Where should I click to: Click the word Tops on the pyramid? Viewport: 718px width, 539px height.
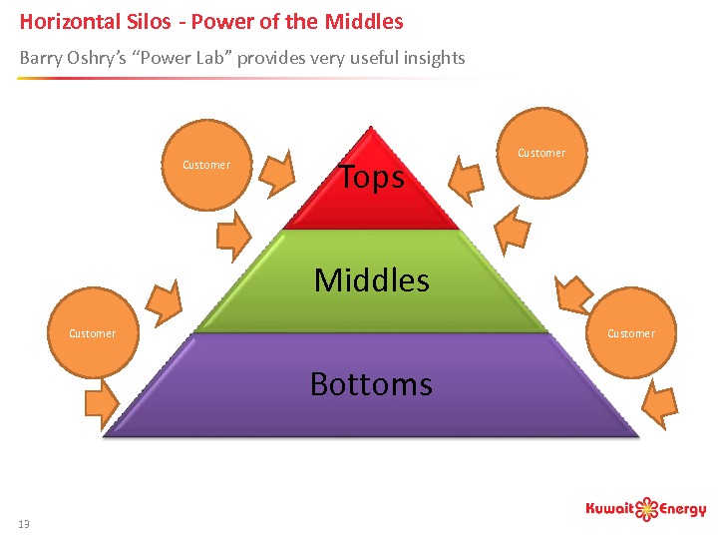(372, 178)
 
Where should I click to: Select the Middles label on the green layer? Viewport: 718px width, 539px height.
(371, 280)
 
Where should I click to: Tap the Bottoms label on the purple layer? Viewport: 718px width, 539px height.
(371, 384)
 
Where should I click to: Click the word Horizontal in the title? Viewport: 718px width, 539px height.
(68, 21)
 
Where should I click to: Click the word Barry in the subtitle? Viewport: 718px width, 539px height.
(41, 58)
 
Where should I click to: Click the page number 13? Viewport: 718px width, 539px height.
(24, 524)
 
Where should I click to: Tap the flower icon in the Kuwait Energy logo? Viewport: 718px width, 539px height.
(648, 509)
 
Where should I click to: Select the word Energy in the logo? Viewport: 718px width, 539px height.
(684, 511)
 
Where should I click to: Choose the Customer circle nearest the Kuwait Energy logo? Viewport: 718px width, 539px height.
(631, 333)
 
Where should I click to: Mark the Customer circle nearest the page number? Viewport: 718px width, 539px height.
(92, 333)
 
